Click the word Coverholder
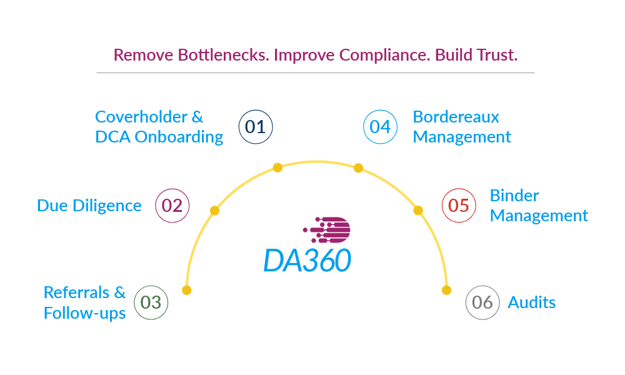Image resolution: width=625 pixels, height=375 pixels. pyautogui.click(x=141, y=117)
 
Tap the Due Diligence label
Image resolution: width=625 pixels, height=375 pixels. pyautogui.click(x=89, y=206)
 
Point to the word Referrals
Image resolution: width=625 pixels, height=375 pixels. pyautogui.click(x=76, y=292)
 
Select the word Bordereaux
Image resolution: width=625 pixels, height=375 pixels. pyautogui.click(x=456, y=117)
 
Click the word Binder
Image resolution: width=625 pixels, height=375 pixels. pyautogui.click(x=514, y=196)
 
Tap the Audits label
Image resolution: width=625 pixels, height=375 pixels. pyautogui.click(x=532, y=302)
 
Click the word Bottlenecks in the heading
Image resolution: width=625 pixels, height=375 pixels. pyautogui.click(x=223, y=55)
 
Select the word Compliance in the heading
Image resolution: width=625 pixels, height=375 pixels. pyautogui.click(x=384, y=55)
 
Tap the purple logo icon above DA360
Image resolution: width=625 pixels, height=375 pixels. pyautogui.click(x=326, y=230)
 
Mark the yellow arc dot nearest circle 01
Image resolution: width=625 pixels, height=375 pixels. pyautogui.click(x=278, y=167)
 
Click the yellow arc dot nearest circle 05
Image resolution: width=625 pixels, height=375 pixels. pyautogui.click(x=418, y=211)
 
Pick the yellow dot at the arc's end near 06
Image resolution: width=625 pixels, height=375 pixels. pyautogui.click(x=446, y=290)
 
